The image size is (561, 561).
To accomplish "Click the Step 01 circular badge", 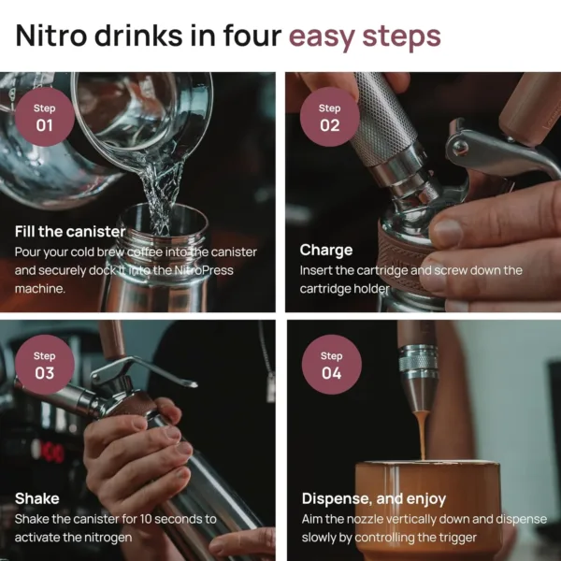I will [x=44, y=116].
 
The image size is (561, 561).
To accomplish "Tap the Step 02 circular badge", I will [x=329, y=117].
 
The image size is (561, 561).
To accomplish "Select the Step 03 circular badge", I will [x=44, y=365].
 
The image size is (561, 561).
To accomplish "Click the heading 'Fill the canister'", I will [x=70, y=231].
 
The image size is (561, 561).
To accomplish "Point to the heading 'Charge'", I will [x=326, y=250].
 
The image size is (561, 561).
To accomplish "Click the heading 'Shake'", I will [x=37, y=498].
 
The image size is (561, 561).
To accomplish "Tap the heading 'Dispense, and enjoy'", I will [x=373, y=498].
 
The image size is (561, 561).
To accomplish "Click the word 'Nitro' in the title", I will [x=57, y=36].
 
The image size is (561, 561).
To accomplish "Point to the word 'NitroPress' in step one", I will [x=202, y=270].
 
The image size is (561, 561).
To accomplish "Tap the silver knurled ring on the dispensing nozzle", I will [x=418, y=361].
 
